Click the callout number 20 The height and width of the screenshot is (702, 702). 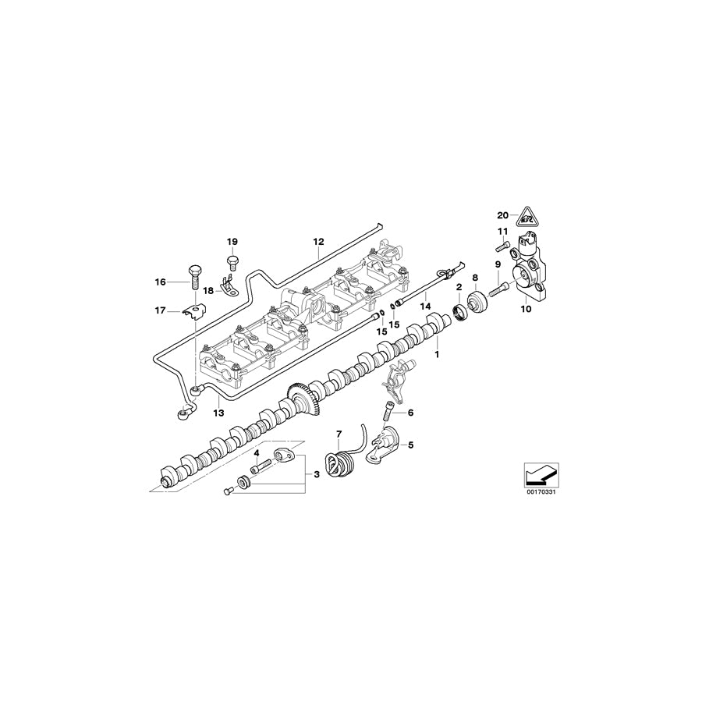(x=502, y=214)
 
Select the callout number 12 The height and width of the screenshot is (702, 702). (x=318, y=242)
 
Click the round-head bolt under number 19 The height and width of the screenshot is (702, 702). (x=232, y=261)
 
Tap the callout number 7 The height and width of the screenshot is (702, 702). (x=339, y=433)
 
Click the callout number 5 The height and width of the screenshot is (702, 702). (x=411, y=446)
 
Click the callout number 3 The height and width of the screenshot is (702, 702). (x=317, y=473)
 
